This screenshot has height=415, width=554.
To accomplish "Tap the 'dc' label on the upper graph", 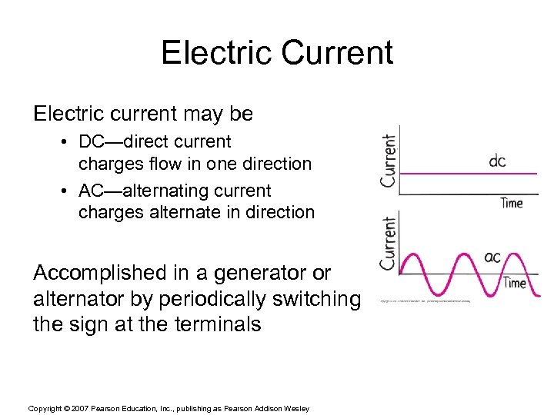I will click(498, 161).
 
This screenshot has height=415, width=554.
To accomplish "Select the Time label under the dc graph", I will click(512, 203).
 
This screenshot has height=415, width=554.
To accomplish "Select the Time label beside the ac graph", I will click(515, 283).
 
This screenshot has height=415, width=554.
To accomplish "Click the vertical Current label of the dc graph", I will click(389, 161).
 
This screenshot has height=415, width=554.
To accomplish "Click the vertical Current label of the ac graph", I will click(389, 243).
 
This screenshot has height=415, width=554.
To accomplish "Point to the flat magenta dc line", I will click(462, 174).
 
